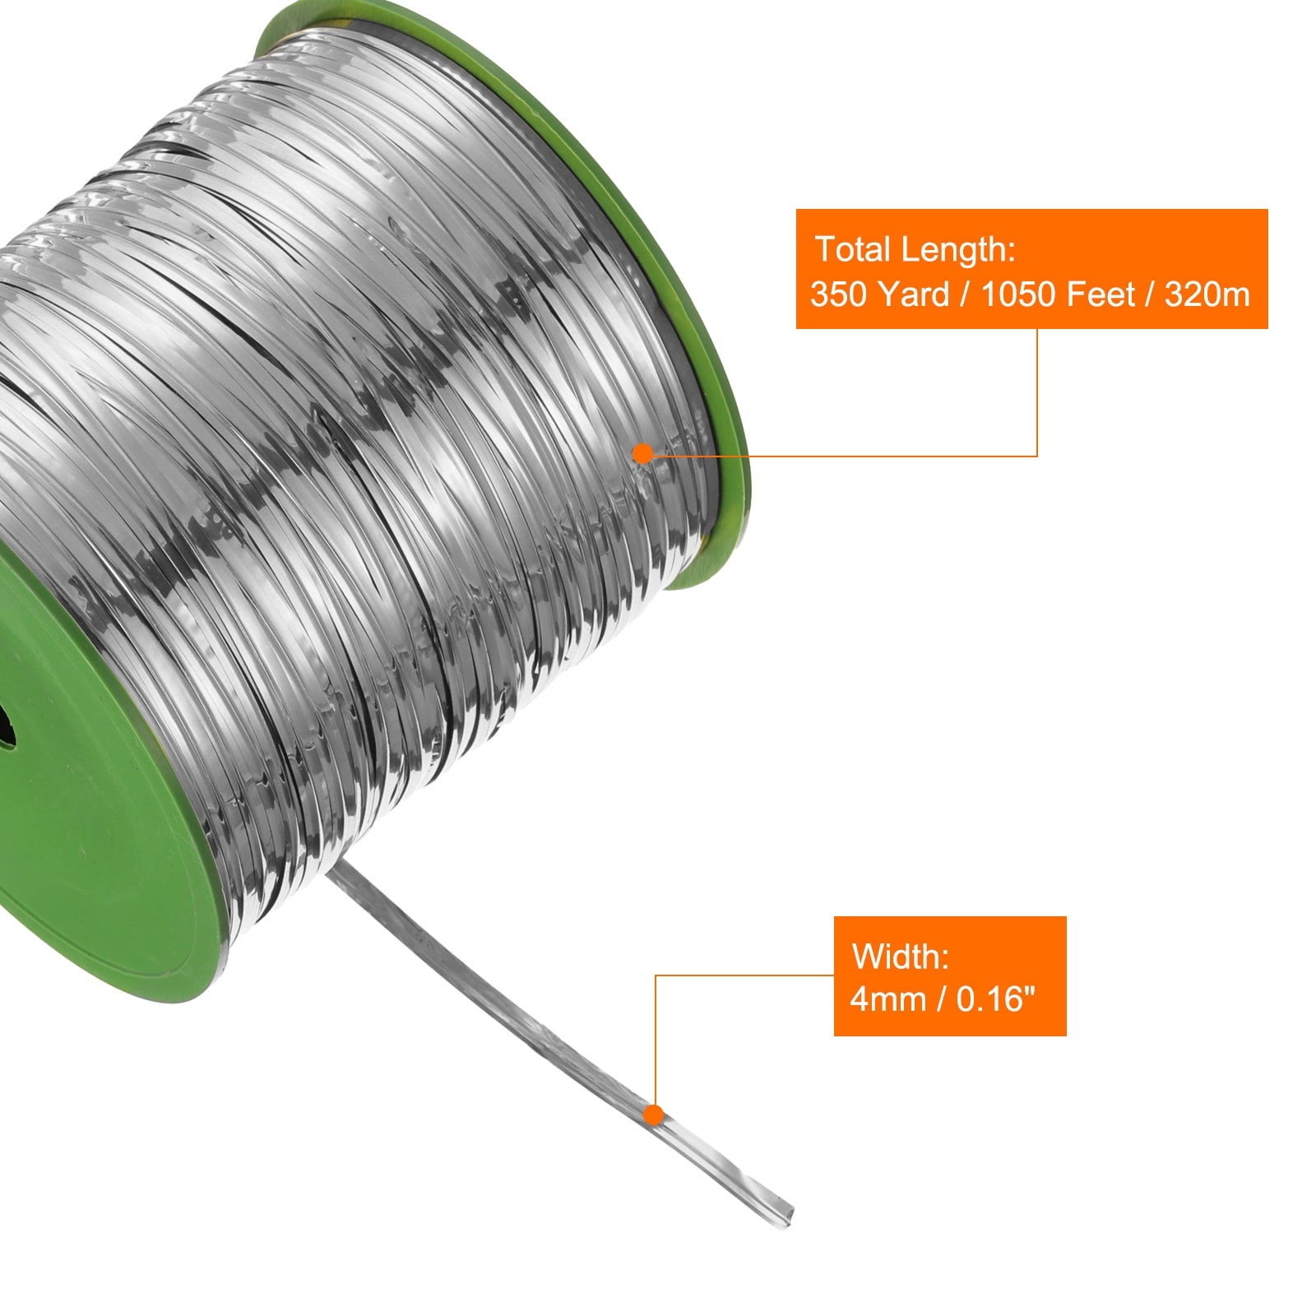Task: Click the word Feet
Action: [1101, 294]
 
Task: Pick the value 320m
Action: [1207, 294]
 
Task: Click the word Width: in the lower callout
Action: [901, 957]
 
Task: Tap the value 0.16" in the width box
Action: [996, 999]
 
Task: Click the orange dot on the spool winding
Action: [643, 453]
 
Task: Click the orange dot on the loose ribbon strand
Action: [654, 1115]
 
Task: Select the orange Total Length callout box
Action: [1031, 269]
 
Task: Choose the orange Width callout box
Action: [950, 976]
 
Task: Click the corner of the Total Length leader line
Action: [1036, 455]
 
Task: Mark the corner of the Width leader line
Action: [656, 976]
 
